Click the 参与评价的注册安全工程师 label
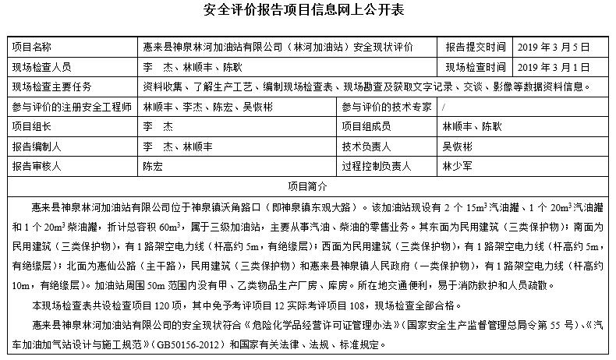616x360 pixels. click(x=71, y=106)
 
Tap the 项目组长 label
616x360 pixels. click(x=31, y=125)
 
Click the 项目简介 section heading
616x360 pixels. click(x=307, y=186)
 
